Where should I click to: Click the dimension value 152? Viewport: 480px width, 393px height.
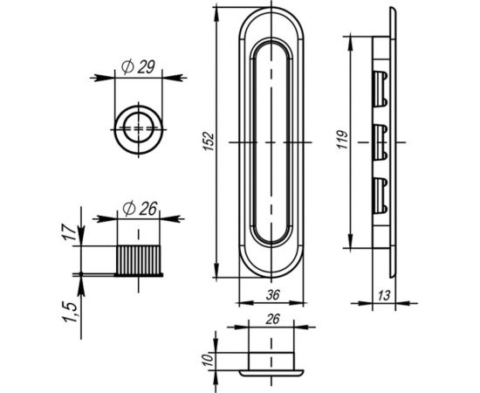tap(209, 141)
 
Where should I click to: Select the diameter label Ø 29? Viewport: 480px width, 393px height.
tap(138, 67)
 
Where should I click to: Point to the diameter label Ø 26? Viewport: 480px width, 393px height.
tap(140, 209)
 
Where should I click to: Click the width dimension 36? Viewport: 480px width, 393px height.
tap(273, 295)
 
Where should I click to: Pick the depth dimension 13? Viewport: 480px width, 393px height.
tap(384, 295)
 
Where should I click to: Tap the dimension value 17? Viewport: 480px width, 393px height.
tap(71, 233)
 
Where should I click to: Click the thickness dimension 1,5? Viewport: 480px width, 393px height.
tap(70, 312)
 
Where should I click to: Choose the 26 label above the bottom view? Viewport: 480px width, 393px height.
tap(272, 319)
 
